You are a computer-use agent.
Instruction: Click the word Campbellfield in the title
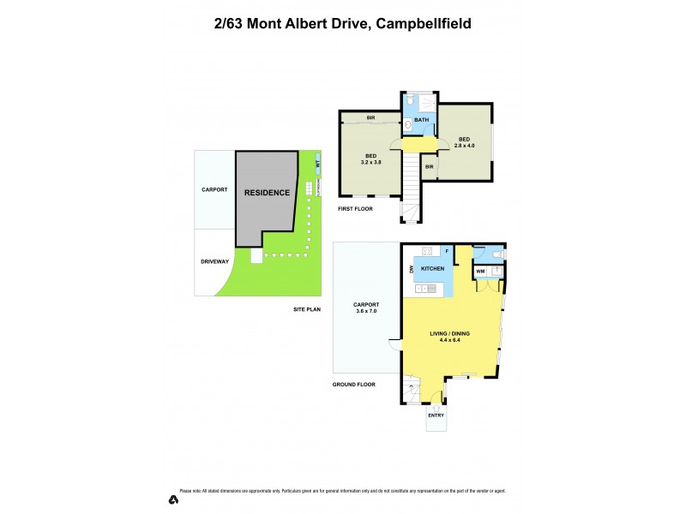421,24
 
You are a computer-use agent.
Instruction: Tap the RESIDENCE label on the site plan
267,193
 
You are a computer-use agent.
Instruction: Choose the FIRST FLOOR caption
356,209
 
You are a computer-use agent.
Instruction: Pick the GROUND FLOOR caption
354,385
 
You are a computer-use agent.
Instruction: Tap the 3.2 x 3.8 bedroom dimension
370,162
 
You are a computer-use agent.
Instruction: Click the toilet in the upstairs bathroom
412,102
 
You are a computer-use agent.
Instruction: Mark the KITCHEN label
432,269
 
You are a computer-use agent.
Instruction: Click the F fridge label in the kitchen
446,251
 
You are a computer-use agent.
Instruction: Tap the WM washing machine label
481,272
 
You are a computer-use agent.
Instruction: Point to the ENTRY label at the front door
436,415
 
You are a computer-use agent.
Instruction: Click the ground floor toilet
502,254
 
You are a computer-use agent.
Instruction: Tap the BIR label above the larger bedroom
370,117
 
